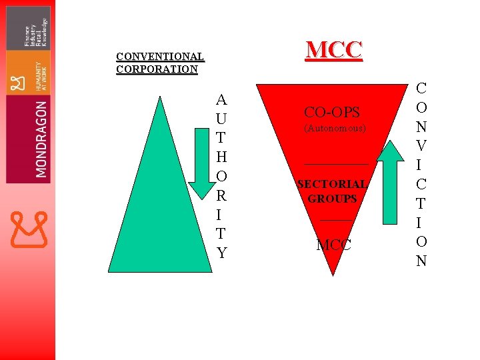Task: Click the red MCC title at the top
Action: (334, 49)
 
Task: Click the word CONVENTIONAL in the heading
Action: (159, 57)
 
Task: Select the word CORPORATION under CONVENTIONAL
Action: (157, 69)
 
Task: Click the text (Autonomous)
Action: (335, 127)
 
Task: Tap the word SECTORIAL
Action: (331, 184)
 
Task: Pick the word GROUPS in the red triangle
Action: (332, 199)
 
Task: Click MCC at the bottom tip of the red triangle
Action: (333, 245)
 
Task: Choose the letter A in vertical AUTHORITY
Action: (221, 100)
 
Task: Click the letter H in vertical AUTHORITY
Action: (221, 157)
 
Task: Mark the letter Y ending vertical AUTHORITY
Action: (221, 253)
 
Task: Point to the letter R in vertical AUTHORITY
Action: (221, 196)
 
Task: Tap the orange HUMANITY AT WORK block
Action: (28, 73)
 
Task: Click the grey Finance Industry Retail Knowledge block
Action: (28, 28)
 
